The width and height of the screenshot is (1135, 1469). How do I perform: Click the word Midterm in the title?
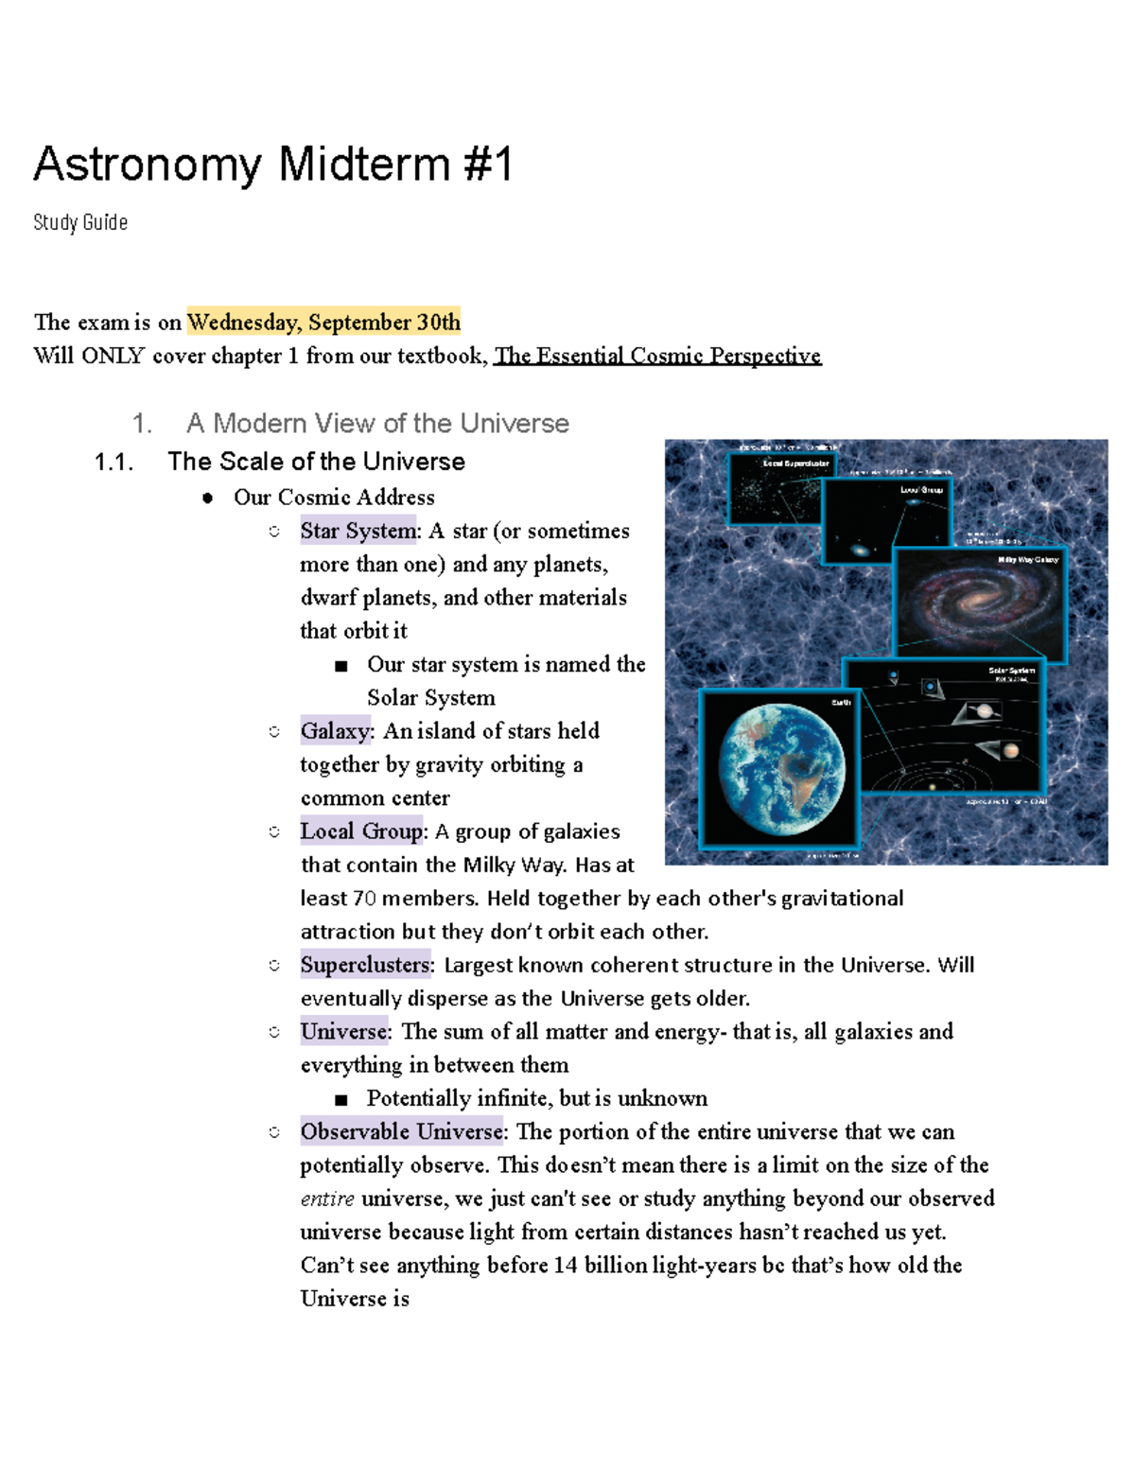[x=364, y=165]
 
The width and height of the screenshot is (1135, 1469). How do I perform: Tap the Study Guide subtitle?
[x=80, y=222]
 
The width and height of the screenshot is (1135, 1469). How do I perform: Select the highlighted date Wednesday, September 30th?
[x=323, y=323]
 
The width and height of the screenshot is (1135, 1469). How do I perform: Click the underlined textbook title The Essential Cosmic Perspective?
[x=657, y=356]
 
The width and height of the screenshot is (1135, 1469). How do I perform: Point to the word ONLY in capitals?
[x=113, y=356]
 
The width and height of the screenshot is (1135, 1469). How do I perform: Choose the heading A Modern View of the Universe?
[x=377, y=423]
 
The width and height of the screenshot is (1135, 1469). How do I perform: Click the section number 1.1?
[x=113, y=462]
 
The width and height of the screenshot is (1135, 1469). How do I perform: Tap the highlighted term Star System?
[x=358, y=531]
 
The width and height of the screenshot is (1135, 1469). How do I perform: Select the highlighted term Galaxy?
[x=335, y=731]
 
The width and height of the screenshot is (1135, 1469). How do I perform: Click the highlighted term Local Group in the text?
[x=361, y=831]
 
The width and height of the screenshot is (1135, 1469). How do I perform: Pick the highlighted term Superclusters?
[x=365, y=965]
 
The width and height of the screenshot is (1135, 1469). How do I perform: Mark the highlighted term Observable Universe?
[x=401, y=1131]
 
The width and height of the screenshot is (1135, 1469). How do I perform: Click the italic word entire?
[x=327, y=1198]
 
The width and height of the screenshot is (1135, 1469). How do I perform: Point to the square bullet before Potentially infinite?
[x=341, y=1099]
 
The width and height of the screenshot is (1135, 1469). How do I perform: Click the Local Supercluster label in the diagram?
[x=795, y=463]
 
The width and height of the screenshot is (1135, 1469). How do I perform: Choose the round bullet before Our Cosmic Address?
[x=207, y=498]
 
